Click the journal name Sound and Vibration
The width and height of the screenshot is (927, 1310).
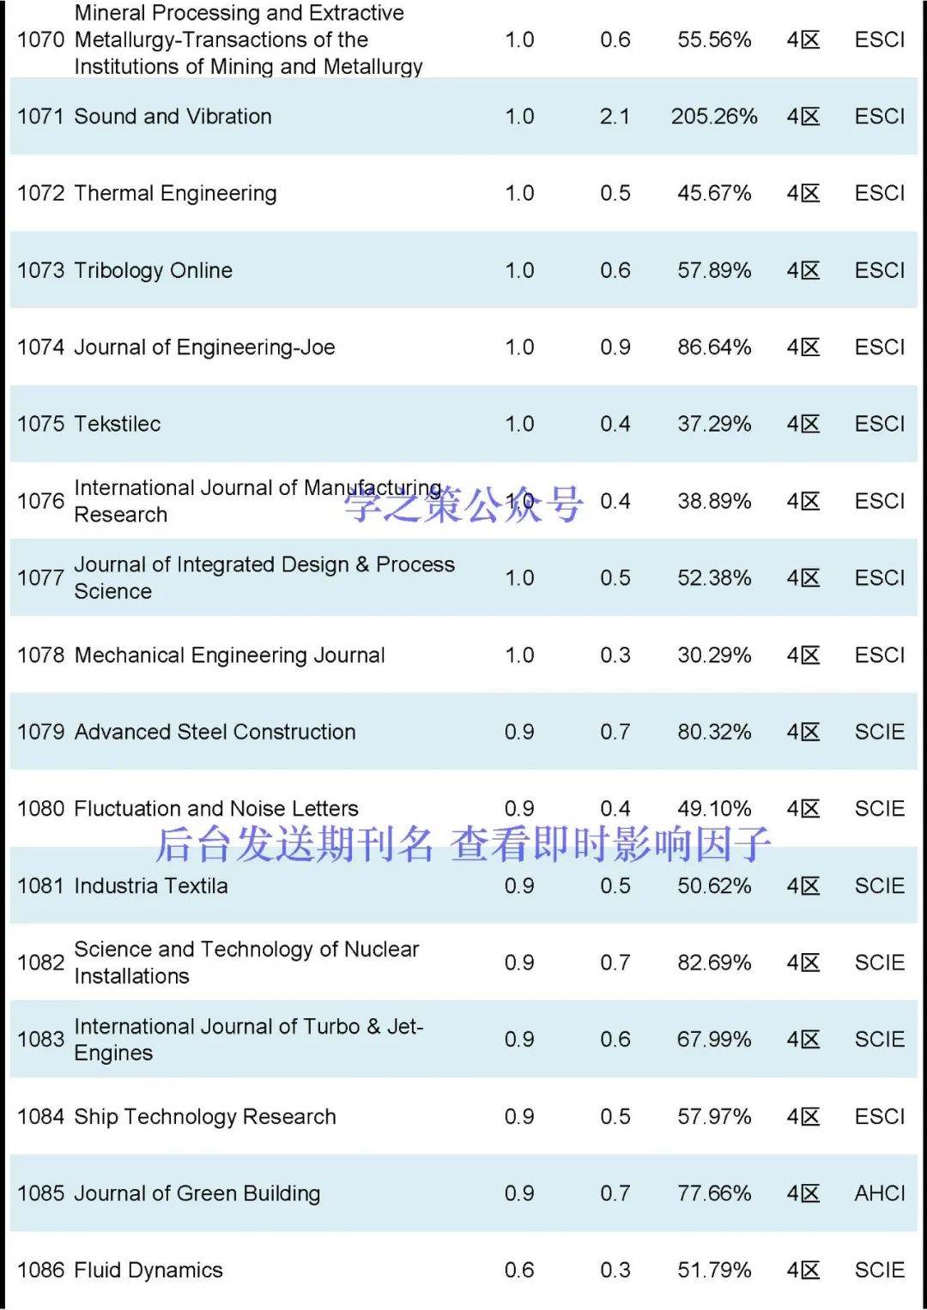(x=173, y=117)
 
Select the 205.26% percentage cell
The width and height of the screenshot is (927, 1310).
(x=713, y=117)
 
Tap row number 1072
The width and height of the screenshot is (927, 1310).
(x=40, y=194)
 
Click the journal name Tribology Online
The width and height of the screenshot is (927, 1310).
(x=153, y=271)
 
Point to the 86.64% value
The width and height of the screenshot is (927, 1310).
(x=713, y=347)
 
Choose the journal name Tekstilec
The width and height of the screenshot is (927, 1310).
(x=117, y=425)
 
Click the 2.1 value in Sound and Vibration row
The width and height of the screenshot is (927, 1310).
(x=615, y=117)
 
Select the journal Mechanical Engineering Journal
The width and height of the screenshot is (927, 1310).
(x=229, y=655)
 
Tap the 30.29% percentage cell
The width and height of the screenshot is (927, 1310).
(x=713, y=655)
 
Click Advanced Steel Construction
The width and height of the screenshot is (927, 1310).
(x=215, y=732)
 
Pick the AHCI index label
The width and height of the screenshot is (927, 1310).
(x=879, y=1193)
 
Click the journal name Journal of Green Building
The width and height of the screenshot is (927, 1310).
(x=197, y=1193)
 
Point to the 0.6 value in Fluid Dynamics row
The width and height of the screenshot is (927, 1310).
(x=519, y=1271)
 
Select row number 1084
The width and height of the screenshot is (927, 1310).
(x=40, y=1117)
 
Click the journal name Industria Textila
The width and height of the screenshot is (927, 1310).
(x=151, y=886)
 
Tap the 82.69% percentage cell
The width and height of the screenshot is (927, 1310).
(x=713, y=963)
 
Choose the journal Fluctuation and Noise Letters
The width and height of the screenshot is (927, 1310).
(x=216, y=809)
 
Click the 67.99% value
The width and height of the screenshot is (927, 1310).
(x=713, y=1040)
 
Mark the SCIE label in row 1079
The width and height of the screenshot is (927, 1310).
(x=879, y=732)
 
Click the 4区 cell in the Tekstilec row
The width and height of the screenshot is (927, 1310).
(x=803, y=425)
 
